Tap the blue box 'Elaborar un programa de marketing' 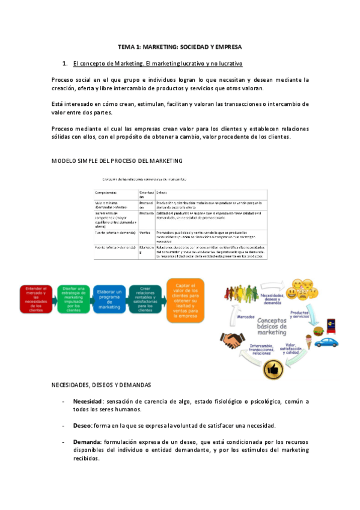pos(109,298)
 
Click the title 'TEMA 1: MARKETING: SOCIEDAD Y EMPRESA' pos(180,46)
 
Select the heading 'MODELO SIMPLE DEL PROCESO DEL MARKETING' pos(117,161)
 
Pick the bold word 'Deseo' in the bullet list pos(82,425)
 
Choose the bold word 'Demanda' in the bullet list pos(87,441)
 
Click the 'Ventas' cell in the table pos(145,232)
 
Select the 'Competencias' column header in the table pos(108,192)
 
